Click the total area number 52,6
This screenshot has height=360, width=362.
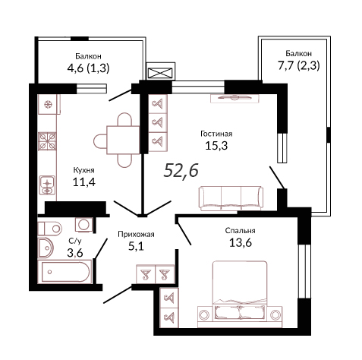(181, 170)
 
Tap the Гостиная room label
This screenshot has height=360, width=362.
(216, 134)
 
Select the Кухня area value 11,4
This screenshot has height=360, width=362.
(84, 182)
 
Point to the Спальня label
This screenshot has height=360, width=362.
(240, 231)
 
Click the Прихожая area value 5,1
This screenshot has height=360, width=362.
(136, 246)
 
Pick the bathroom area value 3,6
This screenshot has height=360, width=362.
(75, 253)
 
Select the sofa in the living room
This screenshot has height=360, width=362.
(231, 198)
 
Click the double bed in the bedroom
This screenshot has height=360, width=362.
(240, 294)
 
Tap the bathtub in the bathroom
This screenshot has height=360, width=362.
(65, 272)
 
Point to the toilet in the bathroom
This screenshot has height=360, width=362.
(50, 229)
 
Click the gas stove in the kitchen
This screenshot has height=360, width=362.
(47, 141)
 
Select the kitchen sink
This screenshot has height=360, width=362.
(47, 185)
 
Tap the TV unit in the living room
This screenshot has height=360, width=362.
(235, 98)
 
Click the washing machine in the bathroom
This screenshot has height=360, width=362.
(83, 224)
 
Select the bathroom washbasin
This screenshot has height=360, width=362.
(46, 248)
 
